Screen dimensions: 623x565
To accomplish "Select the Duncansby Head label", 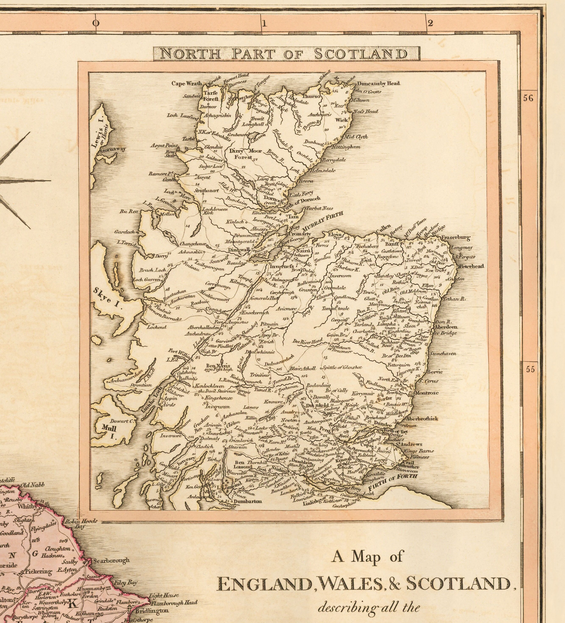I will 378,83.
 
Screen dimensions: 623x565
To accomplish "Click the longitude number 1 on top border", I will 264,23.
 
